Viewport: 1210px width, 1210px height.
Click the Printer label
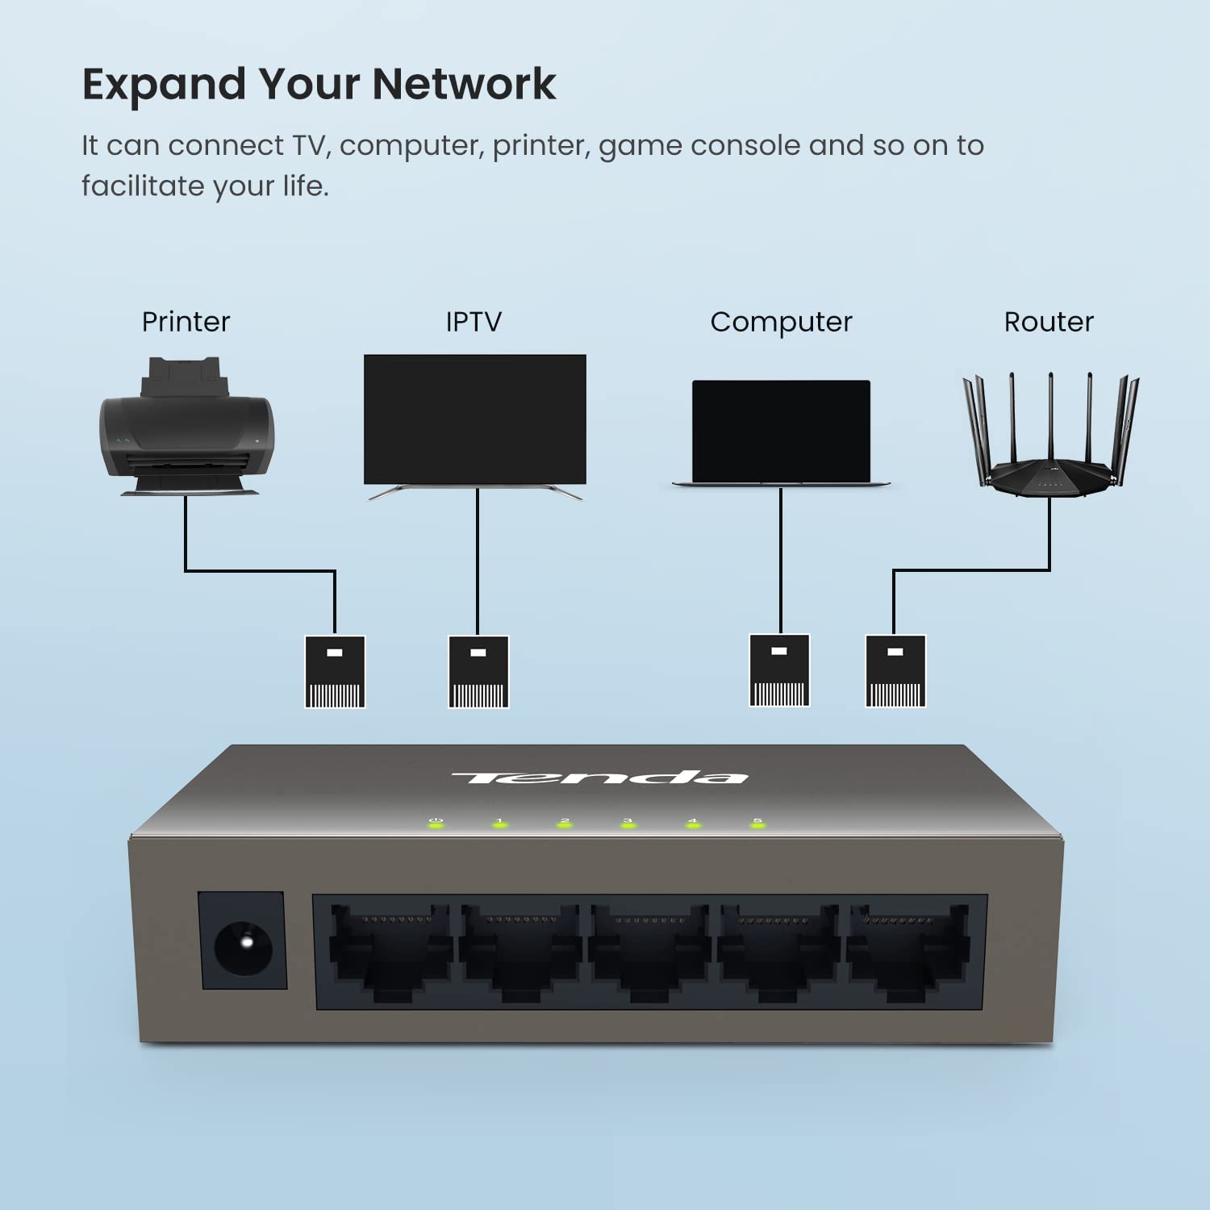[186, 322]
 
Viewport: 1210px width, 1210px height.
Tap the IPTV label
[474, 322]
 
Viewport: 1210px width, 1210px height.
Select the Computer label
[781, 322]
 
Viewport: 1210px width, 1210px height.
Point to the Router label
[1049, 322]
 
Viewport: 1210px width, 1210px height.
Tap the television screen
[475, 419]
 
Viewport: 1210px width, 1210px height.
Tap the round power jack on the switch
[243, 941]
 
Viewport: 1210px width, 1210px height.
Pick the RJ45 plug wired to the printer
[335, 672]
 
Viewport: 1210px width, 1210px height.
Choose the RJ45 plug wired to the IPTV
[478, 672]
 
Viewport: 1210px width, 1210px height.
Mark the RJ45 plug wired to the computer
[779, 670]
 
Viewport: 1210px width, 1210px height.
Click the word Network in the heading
[464, 84]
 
